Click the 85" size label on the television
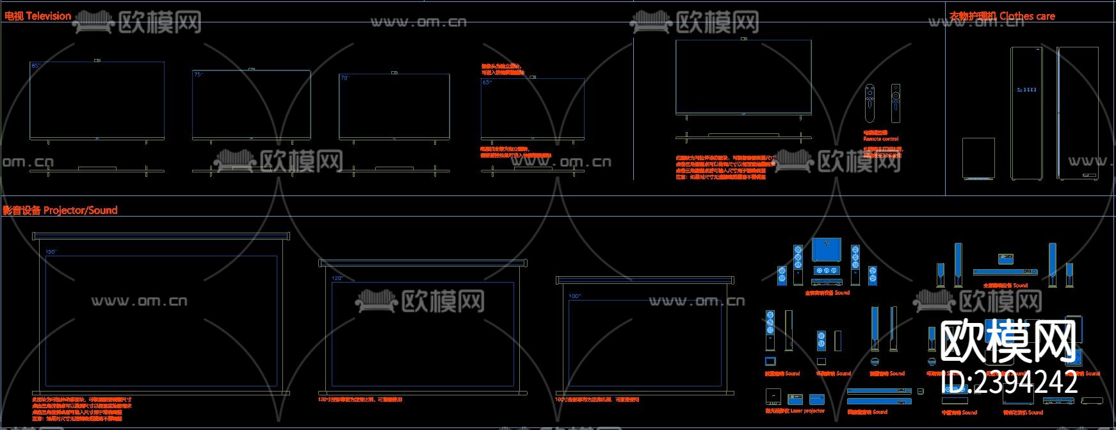pos(35,66)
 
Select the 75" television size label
pos(198,75)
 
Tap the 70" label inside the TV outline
pos(344,78)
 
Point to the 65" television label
pos(487,83)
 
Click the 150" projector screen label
pos(51,252)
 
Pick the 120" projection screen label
pos(337,278)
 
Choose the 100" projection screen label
pos(574,296)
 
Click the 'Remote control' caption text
pos(880,138)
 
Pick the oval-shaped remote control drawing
pos(869,103)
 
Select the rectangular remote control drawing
pos(895,103)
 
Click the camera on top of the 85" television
pos(97,60)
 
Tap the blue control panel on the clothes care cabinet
pos(1026,90)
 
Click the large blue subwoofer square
pos(826,250)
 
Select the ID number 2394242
pos(1010,383)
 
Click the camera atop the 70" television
pos(394,73)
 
